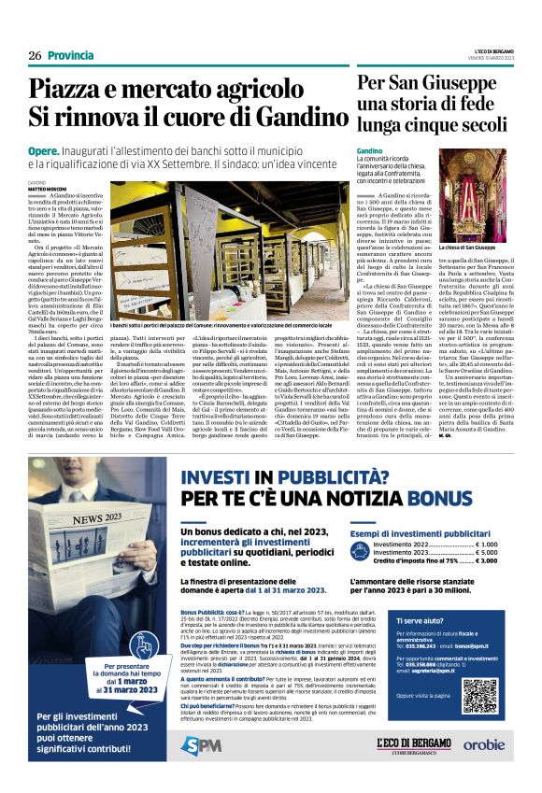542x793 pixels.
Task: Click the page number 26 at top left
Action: pyautogui.click(x=34, y=55)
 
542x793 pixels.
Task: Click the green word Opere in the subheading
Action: pyautogui.click(x=43, y=150)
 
